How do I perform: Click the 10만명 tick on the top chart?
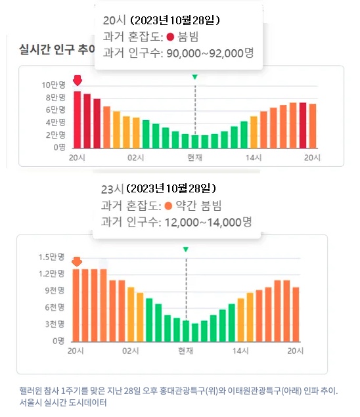pos(53,85)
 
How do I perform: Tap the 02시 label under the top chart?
pos(136,158)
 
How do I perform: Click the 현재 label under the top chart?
pos(194,158)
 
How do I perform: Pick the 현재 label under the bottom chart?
pos(186,351)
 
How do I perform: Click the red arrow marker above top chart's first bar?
pos(77,81)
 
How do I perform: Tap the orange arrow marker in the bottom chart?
pos(76,262)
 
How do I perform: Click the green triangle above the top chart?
pos(194,77)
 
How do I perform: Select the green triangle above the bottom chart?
pos(186,250)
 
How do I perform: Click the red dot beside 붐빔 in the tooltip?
pos(170,37)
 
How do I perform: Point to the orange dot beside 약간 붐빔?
pos(168,206)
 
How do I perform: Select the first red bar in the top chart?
pos(77,120)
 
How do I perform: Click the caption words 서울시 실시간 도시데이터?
pos(62,402)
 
